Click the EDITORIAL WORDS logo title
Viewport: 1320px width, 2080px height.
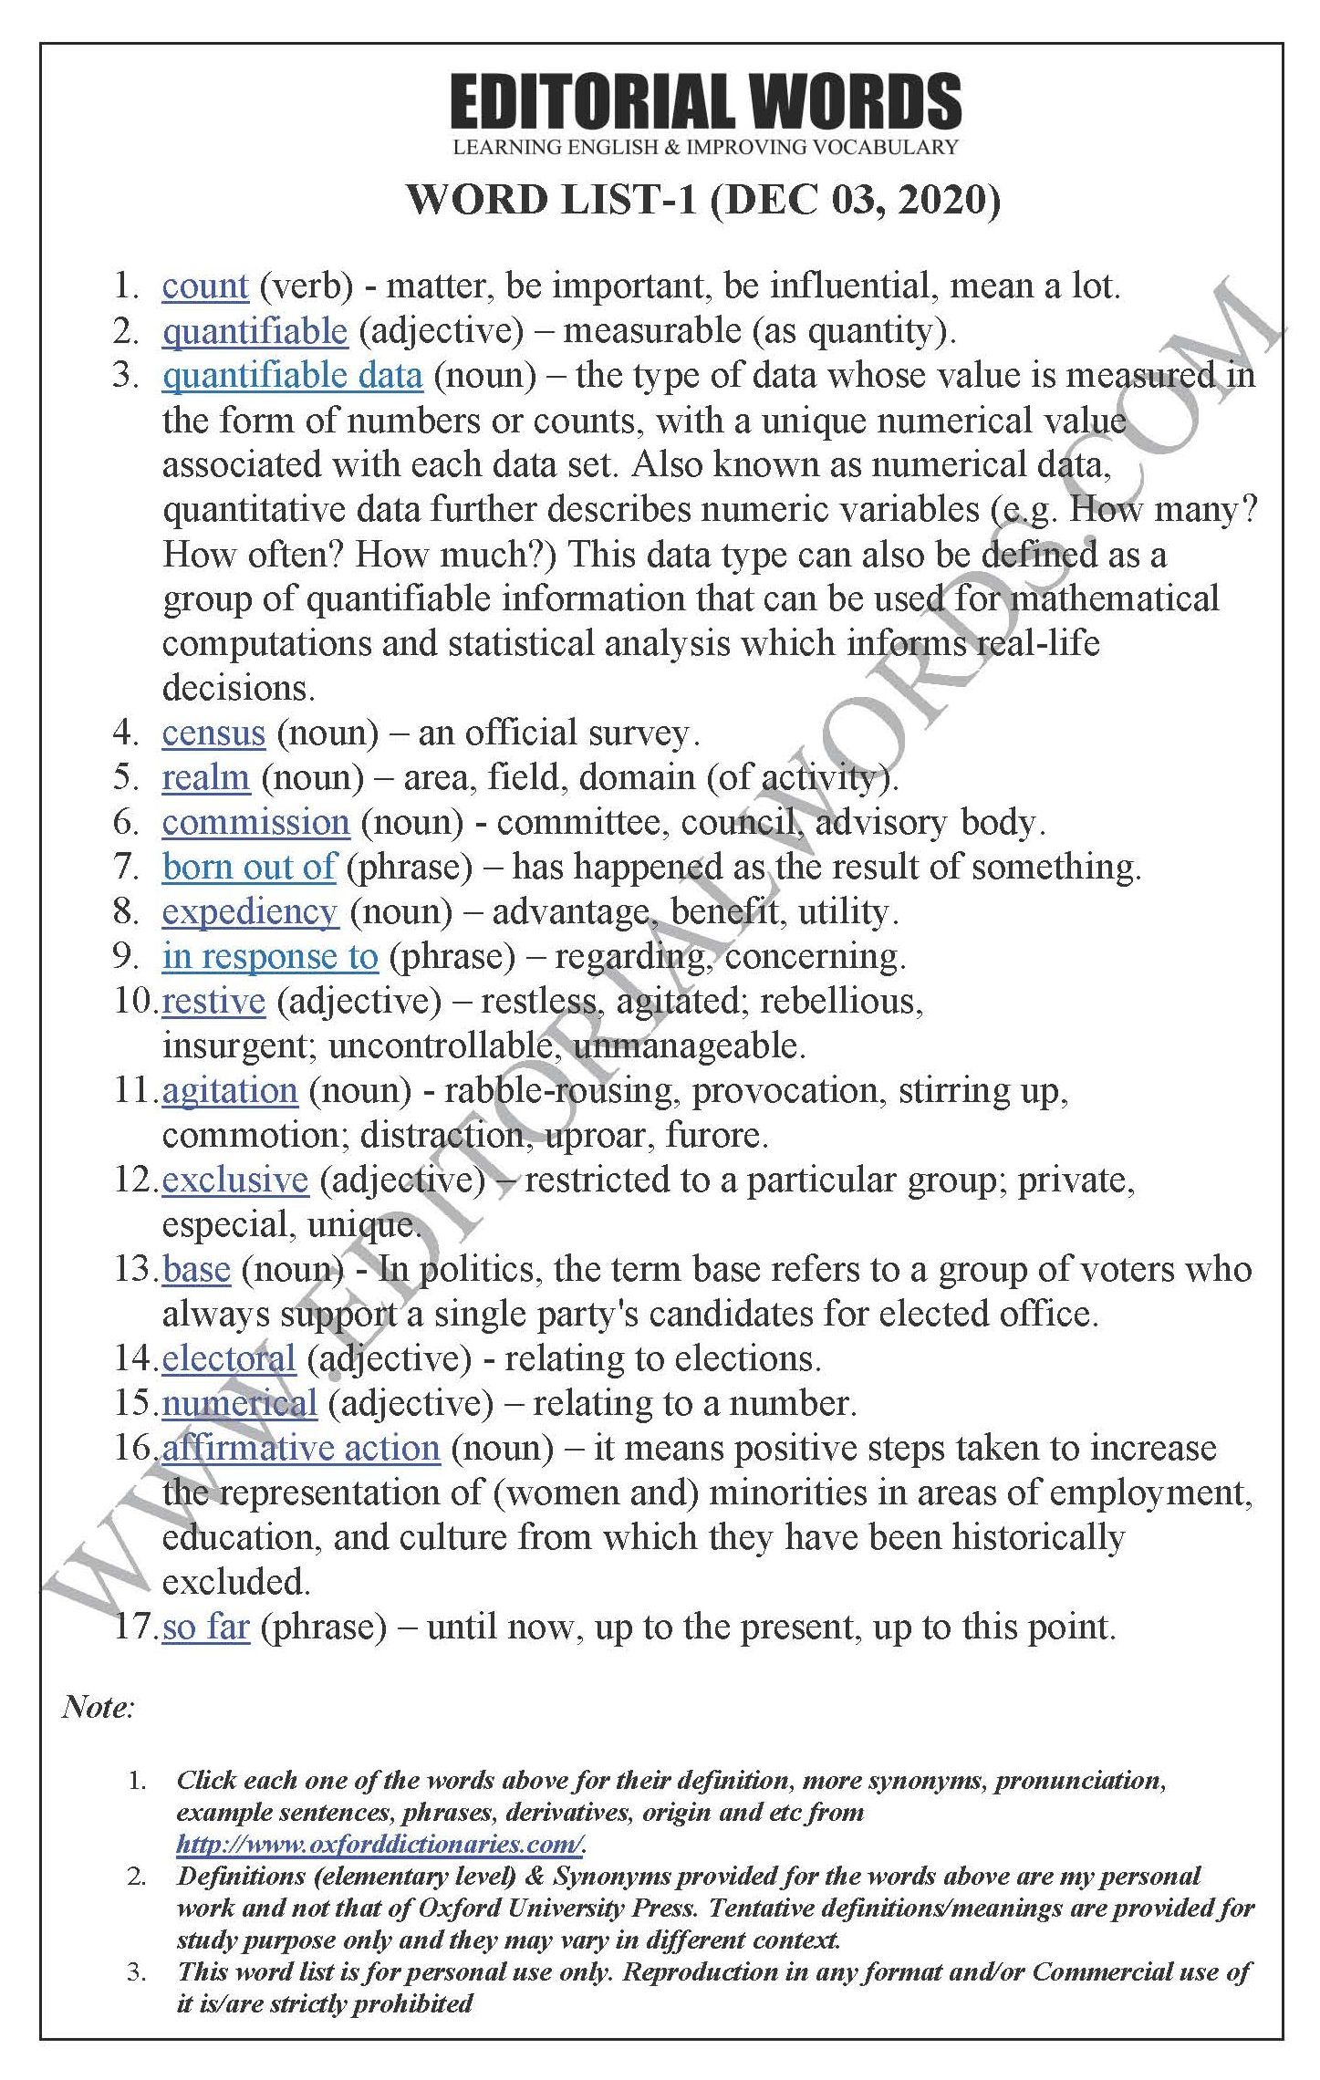point(705,101)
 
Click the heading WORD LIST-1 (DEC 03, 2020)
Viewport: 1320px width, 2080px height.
point(703,199)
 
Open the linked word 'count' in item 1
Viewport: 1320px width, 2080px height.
point(205,286)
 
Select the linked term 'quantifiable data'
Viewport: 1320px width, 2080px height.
point(292,376)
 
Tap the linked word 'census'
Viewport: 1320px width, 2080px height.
point(213,733)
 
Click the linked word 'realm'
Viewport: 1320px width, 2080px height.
point(205,777)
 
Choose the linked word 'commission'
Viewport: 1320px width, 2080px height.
point(255,822)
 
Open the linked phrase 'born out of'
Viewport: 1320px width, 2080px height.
point(249,867)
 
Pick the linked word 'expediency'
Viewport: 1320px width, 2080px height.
point(249,911)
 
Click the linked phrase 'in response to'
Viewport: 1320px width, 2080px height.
point(269,956)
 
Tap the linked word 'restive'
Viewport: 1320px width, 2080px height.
point(213,1001)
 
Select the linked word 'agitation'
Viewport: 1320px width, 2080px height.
point(230,1090)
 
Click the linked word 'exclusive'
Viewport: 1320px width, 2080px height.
point(235,1180)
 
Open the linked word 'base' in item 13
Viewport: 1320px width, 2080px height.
point(196,1269)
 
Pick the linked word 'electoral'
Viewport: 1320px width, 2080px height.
point(229,1358)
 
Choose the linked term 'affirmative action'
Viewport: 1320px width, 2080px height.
point(301,1448)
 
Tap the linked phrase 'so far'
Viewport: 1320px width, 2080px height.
point(205,1627)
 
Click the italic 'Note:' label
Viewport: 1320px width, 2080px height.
point(99,1707)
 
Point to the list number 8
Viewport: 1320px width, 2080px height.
point(125,911)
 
